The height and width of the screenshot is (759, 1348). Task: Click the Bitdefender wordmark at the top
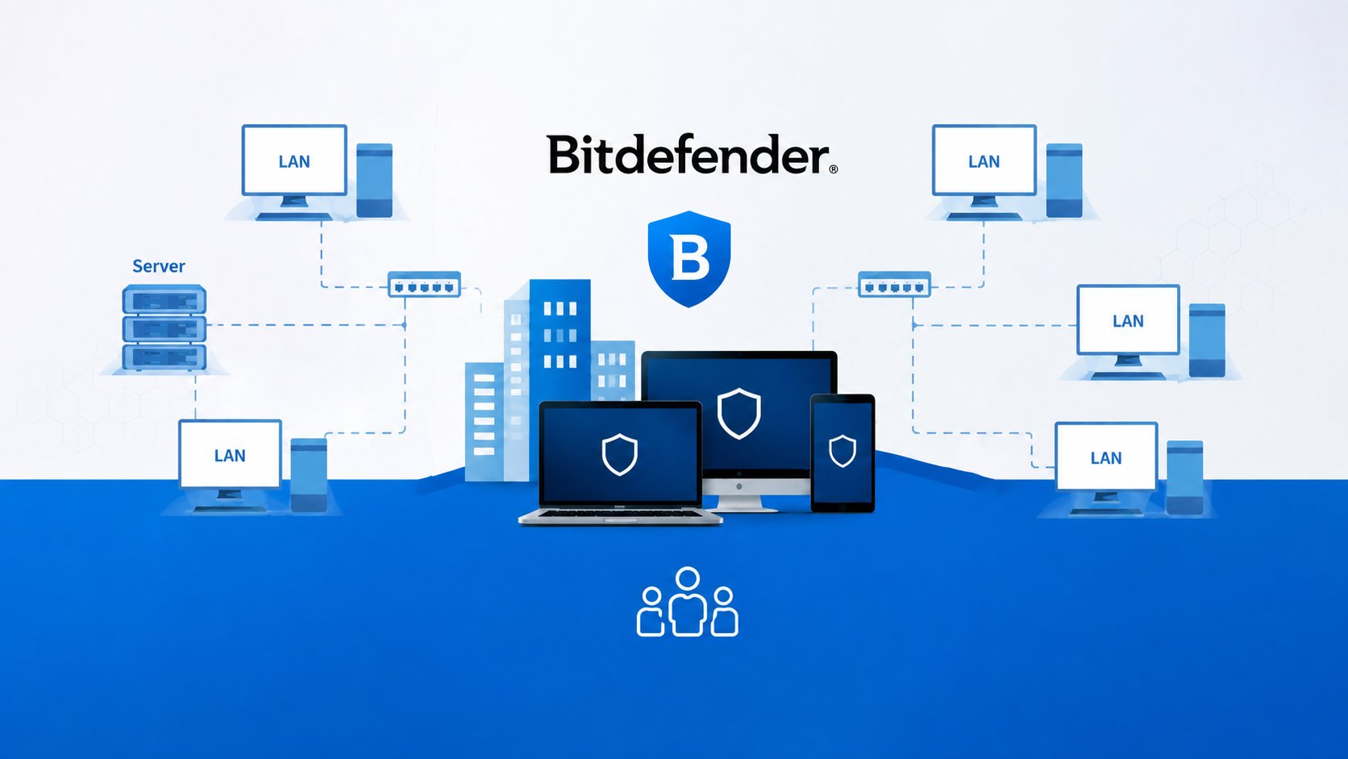pyautogui.click(x=688, y=155)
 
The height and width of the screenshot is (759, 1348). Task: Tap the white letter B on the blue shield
pyautogui.click(x=689, y=257)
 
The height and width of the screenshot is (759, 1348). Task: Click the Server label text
pyautogui.click(x=158, y=266)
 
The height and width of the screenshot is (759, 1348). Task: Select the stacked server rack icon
pyautogui.click(x=164, y=327)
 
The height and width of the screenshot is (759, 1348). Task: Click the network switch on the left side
pyautogui.click(x=424, y=284)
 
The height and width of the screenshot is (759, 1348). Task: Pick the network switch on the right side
pyautogui.click(x=894, y=284)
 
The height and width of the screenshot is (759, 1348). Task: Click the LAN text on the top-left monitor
pyautogui.click(x=293, y=161)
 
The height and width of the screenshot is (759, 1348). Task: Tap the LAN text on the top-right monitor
pyautogui.click(x=984, y=161)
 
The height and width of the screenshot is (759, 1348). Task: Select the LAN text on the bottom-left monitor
pyautogui.click(x=230, y=456)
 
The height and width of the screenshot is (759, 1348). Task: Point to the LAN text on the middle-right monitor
pyautogui.click(x=1128, y=321)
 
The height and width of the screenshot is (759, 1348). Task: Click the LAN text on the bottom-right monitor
pyautogui.click(x=1106, y=458)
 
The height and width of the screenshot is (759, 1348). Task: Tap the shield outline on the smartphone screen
pyautogui.click(x=842, y=451)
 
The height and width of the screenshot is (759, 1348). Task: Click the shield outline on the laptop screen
pyautogui.click(x=619, y=454)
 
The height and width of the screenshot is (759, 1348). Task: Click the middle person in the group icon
pyautogui.click(x=687, y=601)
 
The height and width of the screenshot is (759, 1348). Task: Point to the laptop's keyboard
pyautogui.click(x=621, y=514)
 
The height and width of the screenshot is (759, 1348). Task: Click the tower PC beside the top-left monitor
pyautogui.click(x=374, y=180)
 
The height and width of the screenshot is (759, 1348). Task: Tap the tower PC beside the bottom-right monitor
pyautogui.click(x=1184, y=478)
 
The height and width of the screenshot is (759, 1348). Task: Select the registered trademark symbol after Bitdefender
pyautogui.click(x=834, y=169)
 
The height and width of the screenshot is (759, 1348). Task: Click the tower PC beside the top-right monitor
pyautogui.click(x=1064, y=180)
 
